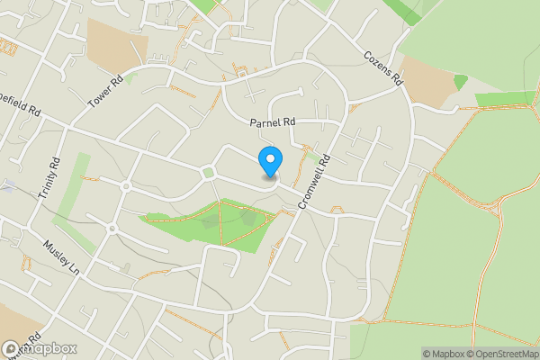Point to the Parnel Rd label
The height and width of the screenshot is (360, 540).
pos(273,122)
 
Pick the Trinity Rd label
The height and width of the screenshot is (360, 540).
pos(46,178)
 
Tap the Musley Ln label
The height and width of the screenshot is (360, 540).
pos(61,256)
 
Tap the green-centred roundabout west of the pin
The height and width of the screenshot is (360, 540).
pos(209,172)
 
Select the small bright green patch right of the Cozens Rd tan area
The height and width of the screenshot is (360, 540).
pos(461,82)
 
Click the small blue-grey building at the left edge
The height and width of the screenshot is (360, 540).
pos(6,185)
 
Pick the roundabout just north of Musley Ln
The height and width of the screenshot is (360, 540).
pos(112,228)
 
